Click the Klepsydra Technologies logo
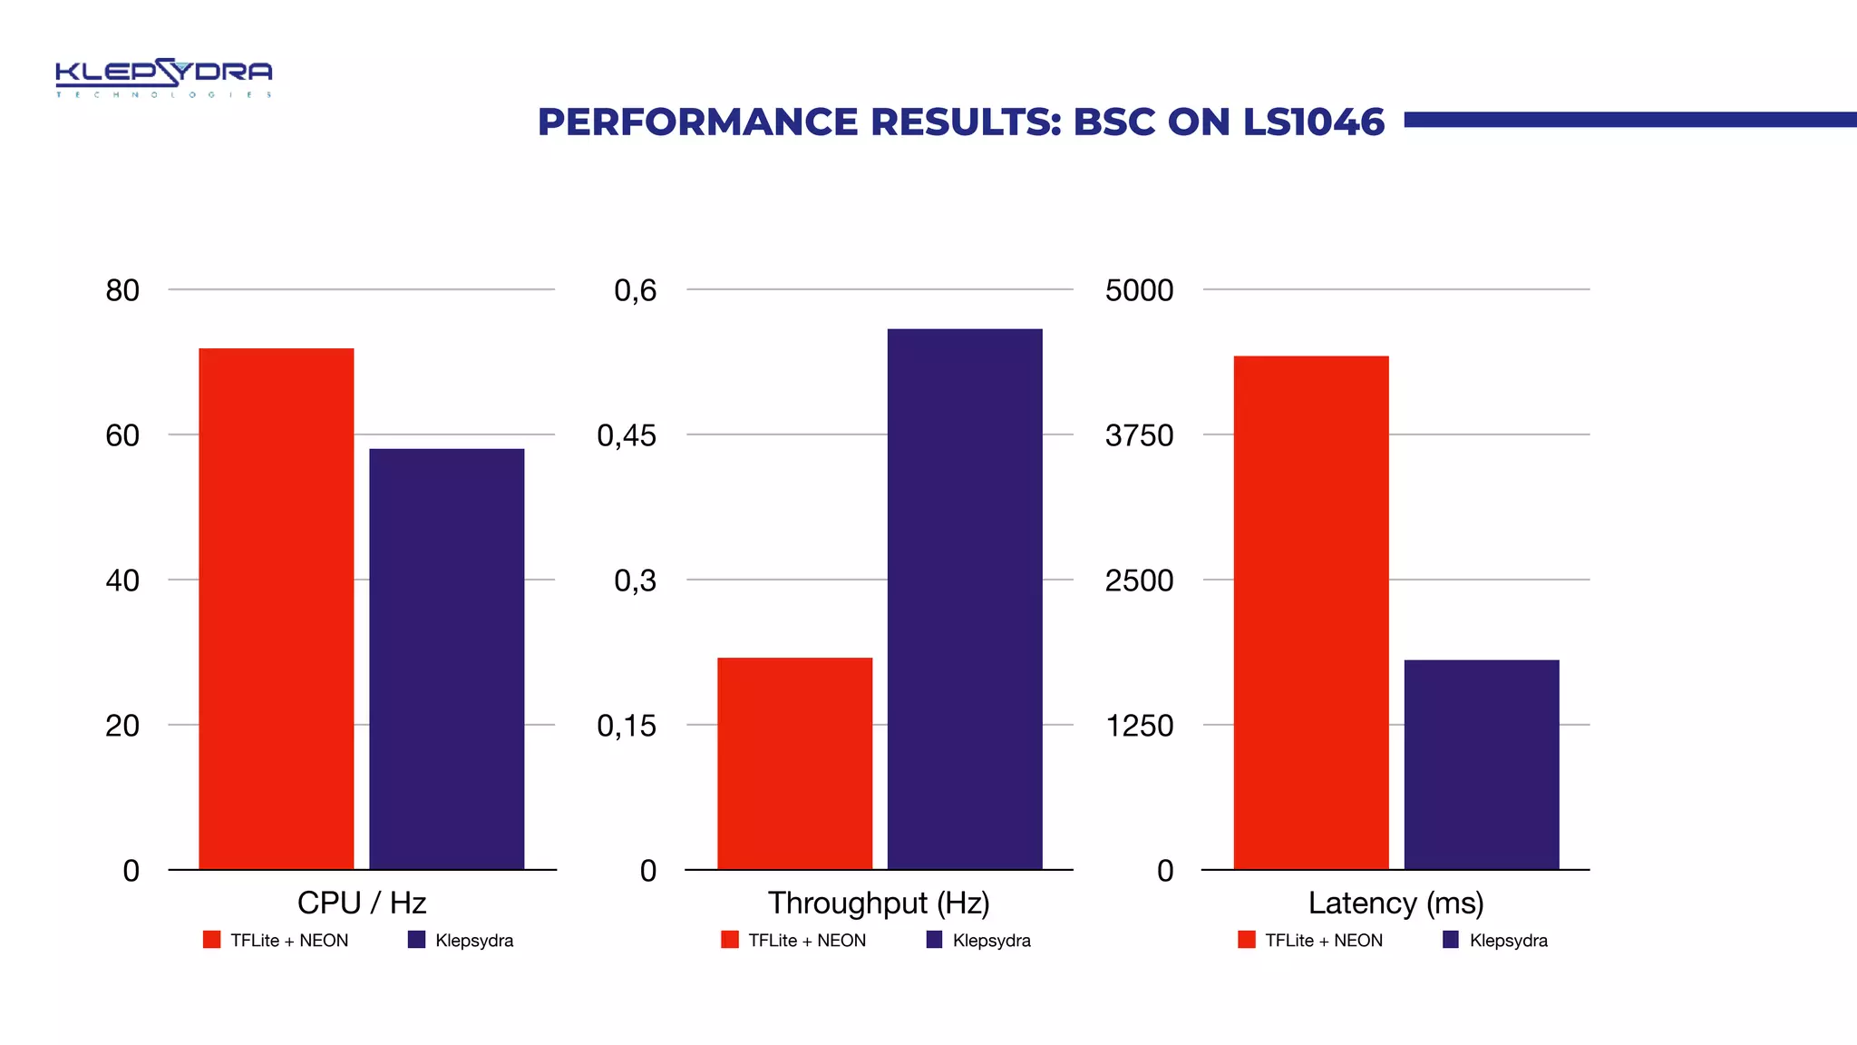(163, 78)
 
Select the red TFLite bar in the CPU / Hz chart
(276, 608)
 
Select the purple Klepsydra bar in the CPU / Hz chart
(446, 659)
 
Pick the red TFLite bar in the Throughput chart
(794, 763)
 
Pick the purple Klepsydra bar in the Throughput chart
(965, 599)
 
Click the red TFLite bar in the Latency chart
(1310, 612)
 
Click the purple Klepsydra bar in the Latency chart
(1481, 764)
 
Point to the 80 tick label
(122, 290)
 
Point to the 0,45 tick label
(626, 435)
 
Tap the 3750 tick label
(1139, 435)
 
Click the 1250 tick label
(1139, 726)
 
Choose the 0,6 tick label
(635, 290)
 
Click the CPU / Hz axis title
(362, 903)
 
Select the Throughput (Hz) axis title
(879, 903)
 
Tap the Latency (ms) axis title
(1395, 903)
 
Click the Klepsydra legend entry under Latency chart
(1496, 941)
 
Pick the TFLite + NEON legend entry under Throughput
(794, 941)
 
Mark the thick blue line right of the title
(1629, 120)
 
